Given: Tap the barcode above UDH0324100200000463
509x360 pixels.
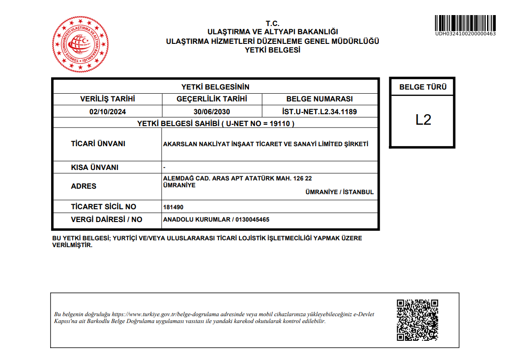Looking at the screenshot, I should pyautogui.click(x=465, y=23).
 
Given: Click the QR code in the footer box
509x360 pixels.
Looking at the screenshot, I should pyautogui.click(x=417, y=320).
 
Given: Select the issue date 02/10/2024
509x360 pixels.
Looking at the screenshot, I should pyautogui.click(x=108, y=111).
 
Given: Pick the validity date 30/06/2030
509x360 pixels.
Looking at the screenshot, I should pyautogui.click(x=212, y=111).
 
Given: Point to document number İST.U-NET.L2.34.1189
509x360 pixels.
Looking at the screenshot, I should pyautogui.click(x=320, y=111).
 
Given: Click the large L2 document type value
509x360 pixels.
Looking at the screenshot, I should pyautogui.click(x=423, y=120).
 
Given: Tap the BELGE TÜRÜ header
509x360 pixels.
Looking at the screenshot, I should pyautogui.click(x=423, y=87).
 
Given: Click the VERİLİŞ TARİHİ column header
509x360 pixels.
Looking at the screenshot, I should pyautogui.click(x=108, y=99).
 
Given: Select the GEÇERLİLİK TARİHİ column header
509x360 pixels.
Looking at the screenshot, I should pyautogui.click(x=212, y=99).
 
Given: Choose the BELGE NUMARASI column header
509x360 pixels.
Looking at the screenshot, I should pyautogui.click(x=320, y=99).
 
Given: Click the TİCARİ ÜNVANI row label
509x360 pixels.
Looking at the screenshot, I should pyautogui.click(x=98, y=144).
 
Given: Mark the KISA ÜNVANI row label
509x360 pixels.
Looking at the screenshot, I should pyautogui.click(x=95, y=167).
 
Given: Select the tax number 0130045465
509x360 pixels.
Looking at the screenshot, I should pyautogui.click(x=252, y=219).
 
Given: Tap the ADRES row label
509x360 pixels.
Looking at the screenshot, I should pyautogui.click(x=84, y=186).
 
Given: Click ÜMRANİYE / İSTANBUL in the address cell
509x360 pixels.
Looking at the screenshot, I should pyautogui.click(x=339, y=192).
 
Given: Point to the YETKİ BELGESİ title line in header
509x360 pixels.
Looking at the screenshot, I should pyautogui.click(x=272, y=50).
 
